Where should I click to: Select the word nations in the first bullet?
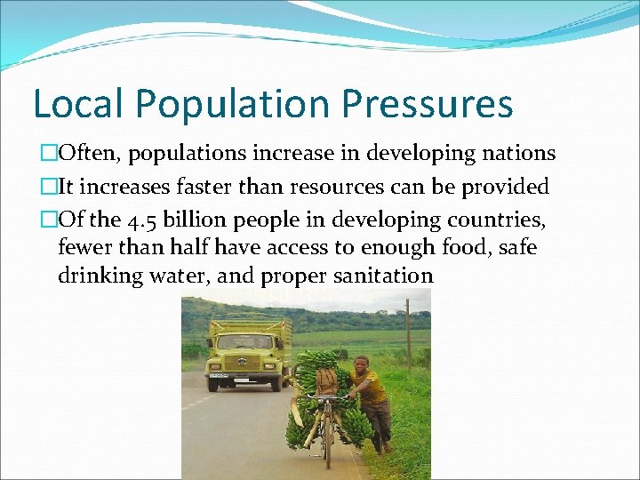[518, 154]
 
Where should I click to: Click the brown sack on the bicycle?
[326, 381]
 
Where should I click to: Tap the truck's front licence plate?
[218, 376]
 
